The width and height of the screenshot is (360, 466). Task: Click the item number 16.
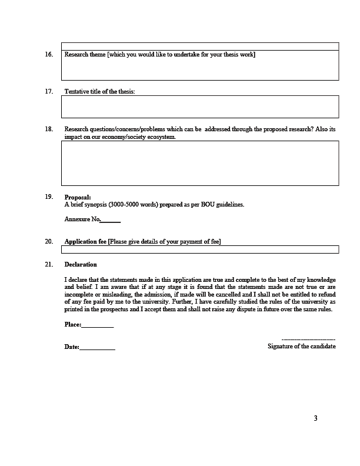click(x=49, y=55)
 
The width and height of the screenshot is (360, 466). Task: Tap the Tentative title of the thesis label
click(x=99, y=92)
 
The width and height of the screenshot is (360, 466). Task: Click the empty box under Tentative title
click(x=200, y=106)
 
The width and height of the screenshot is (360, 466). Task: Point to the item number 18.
click(x=49, y=129)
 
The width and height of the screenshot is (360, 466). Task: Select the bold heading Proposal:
click(x=78, y=197)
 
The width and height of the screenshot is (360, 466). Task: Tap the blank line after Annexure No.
click(x=111, y=221)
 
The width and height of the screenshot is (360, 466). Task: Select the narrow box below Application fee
click(x=200, y=249)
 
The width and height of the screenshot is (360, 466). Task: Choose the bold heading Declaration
click(x=81, y=264)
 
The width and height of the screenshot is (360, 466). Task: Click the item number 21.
click(x=49, y=264)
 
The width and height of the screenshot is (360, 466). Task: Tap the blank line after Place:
click(x=98, y=325)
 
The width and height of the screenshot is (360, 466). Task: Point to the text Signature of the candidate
click(x=301, y=347)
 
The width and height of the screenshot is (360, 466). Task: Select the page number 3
click(x=315, y=419)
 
